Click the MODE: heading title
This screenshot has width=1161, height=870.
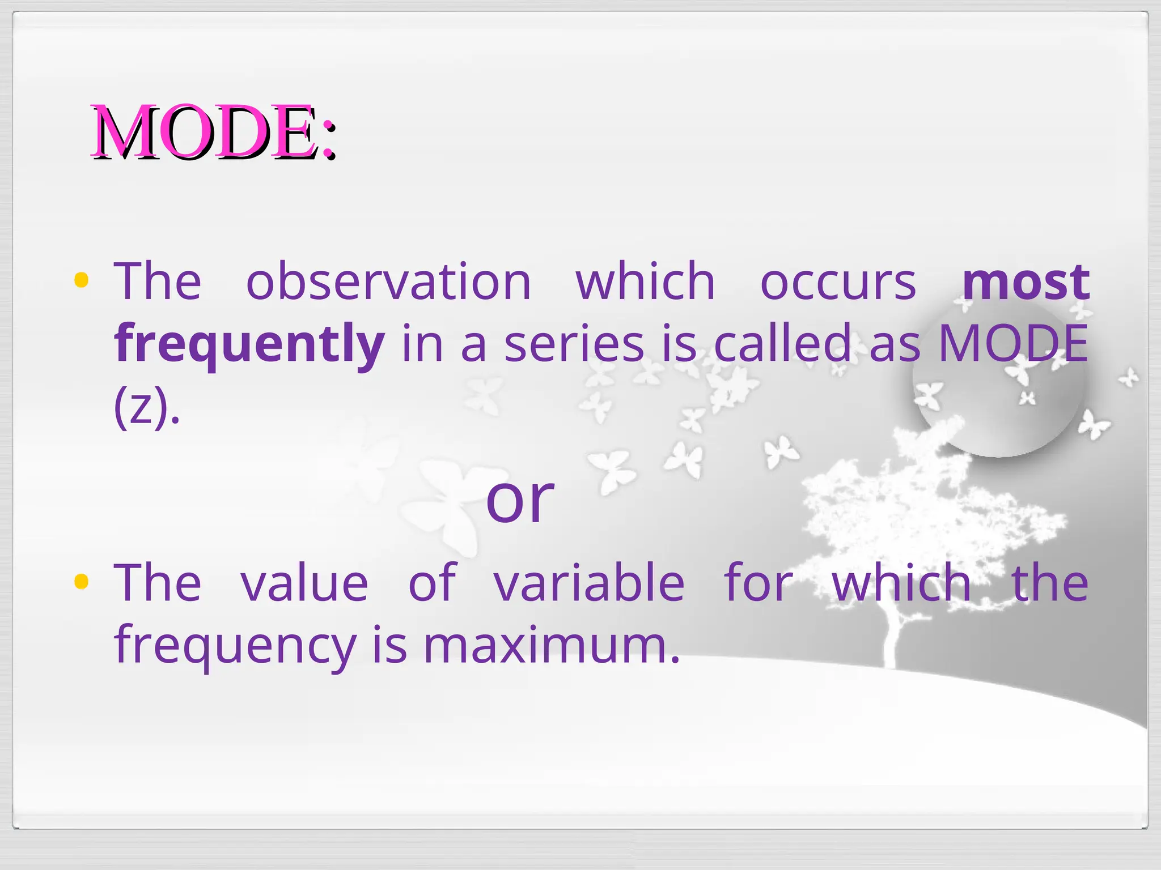[214, 133]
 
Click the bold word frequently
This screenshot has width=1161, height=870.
[249, 344]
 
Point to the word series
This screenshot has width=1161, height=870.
[574, 344]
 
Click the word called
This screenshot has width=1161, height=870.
[783, 343]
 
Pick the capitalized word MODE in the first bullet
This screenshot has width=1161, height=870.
[1013, 343]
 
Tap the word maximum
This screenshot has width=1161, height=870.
[551, 645]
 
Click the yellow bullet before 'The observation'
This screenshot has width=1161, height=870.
[82, 280]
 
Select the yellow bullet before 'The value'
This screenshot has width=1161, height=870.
[82, 581]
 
